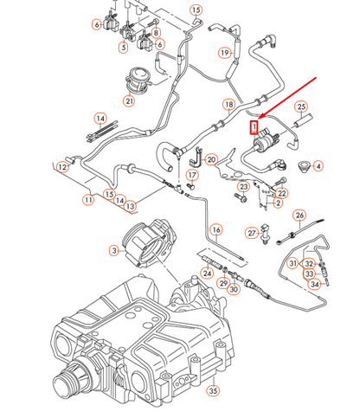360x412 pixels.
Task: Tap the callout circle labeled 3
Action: click(x=113, y=249)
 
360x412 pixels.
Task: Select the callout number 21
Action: click(x=129, y=100)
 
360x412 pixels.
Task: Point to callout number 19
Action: click(x=224, y=53)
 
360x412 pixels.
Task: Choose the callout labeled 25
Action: click(x=303, y=108)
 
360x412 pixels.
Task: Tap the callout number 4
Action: click(x=318, y=165)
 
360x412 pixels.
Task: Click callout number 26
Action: click(x=299, y=215)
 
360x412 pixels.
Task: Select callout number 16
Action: click(x=217, y=229)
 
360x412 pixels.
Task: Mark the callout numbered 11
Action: click(x=88, y=199)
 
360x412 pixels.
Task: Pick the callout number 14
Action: click(x=100, y=118)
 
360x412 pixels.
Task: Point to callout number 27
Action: click(x=251, y=233)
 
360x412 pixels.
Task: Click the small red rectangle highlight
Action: click(x=254, y=127)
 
